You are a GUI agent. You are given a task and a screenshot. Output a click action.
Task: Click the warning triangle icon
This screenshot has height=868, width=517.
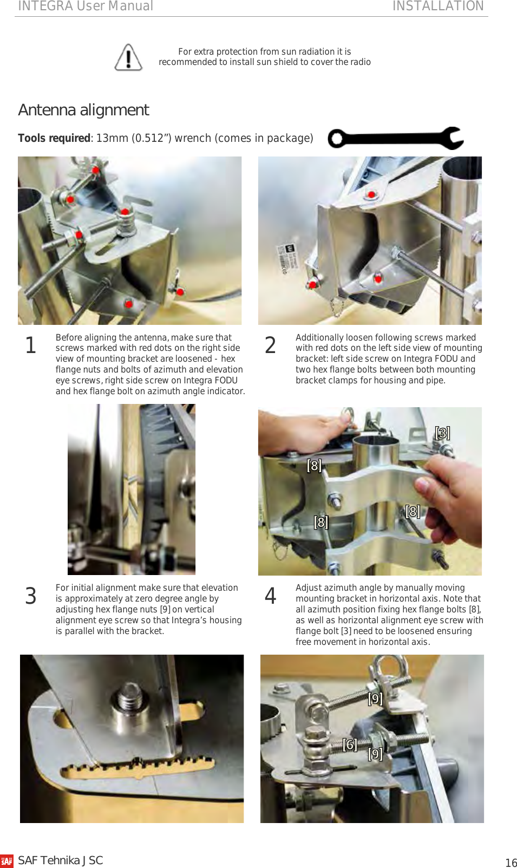[128, 57]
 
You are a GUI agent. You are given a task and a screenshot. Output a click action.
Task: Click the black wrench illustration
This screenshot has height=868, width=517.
[395, 139]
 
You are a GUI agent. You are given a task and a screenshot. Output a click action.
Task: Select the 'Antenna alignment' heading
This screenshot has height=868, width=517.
[83, 110]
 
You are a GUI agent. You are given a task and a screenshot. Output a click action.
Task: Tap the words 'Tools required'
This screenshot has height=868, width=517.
[54, 138]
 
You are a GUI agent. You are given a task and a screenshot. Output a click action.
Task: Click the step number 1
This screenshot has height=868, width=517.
[31, 345]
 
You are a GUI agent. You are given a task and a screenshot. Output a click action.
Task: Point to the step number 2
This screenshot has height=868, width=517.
[270, 345]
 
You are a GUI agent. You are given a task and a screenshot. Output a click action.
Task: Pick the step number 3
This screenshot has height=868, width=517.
[31, 596]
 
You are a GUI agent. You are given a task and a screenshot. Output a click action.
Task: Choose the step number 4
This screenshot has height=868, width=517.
[270, 596]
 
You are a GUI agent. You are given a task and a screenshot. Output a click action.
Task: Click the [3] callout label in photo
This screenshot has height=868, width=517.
[442, 433]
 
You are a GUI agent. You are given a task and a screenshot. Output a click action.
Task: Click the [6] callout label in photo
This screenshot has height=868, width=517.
[350, 745]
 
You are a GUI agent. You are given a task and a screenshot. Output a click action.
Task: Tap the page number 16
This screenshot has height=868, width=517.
[511, 863]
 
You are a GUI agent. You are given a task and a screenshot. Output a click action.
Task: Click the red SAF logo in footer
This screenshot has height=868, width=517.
[6, 861]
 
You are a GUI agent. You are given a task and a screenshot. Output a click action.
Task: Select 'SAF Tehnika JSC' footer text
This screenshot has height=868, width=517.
[61, 860]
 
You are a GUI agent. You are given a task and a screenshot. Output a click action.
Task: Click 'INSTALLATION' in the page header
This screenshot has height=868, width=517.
[437, 6]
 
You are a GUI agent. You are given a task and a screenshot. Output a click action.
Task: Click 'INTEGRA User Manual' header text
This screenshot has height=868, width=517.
[86, 6]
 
